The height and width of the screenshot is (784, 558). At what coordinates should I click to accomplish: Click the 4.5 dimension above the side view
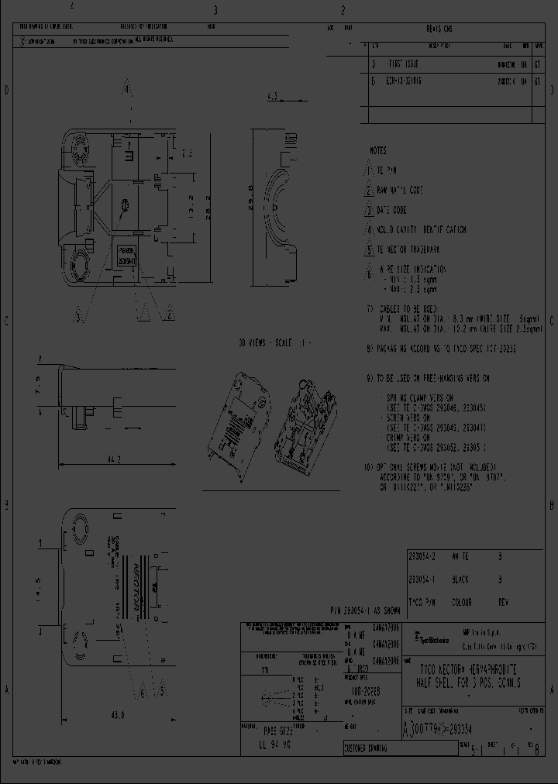click(272, 97)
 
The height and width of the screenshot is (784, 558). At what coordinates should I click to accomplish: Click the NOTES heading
click(377, 150)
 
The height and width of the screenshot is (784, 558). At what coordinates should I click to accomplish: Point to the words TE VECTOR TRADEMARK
click(415, 249)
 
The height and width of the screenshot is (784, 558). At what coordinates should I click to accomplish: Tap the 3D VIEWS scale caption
click(273, 343)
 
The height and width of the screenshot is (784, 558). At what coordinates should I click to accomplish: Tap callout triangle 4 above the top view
click(129, 89)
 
